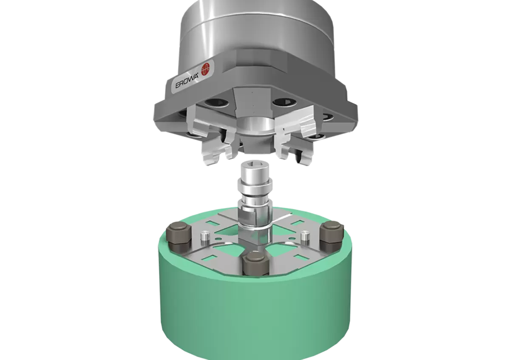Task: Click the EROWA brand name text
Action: pyautogui.click(x=187, y=82)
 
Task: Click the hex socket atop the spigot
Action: pyautogui.click(x=255, y=163)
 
